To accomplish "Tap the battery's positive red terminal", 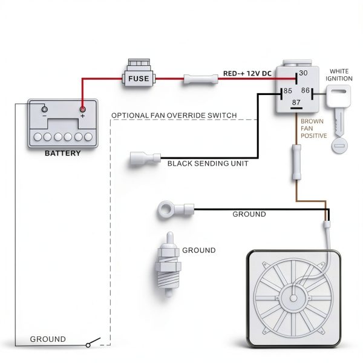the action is click(82, 110).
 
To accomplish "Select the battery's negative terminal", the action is click(44, 109).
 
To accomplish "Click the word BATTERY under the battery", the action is click(63, 153).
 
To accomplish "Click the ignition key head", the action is click(338, 96).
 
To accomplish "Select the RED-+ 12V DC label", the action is click(247, 74).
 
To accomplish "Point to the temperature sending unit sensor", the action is click(169, 264).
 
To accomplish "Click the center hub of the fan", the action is click(293, 298).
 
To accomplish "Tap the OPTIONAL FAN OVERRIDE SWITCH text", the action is click(174, 116).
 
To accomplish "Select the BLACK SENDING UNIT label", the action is click(208, 163).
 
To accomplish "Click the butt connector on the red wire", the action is click(201, 79).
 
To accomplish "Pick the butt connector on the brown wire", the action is click(296, 162).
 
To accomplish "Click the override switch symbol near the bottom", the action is click(94, 342).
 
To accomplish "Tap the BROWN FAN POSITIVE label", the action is click(313, 128).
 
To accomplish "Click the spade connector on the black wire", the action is click(145, 159).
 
